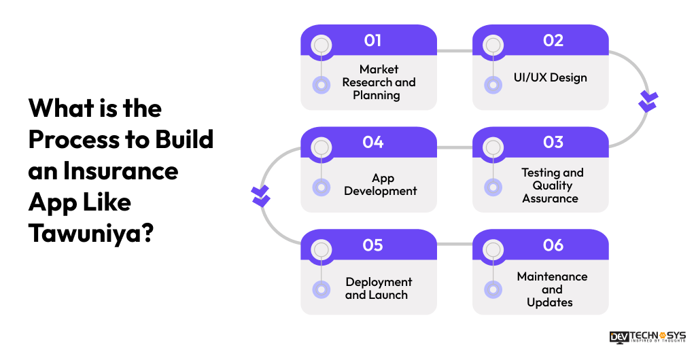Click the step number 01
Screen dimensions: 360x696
pos(372,41)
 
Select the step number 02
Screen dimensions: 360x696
pos(553,41)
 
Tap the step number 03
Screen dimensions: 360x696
pos(553,143)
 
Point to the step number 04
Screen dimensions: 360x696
pos(372,143)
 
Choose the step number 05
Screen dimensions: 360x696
pos(372,245)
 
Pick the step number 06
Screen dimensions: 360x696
pos(553,245)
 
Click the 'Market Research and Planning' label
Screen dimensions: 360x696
pos(379,82)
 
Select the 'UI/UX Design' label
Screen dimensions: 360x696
pos(550,77)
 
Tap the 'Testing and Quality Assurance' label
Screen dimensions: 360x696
pos(551,185)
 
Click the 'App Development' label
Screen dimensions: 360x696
pos(381,185)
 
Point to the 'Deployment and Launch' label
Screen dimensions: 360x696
pos(378,288)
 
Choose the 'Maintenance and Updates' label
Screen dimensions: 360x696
pos(551,289)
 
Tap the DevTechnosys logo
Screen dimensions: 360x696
pos(647,337)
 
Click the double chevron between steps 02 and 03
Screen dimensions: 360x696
pos(648,101)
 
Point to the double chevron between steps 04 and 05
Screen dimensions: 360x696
pos(260,196)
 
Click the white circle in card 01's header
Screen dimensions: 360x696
pos(321,46)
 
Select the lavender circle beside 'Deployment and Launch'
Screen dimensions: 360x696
pos(321,289)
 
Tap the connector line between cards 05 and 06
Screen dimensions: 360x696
pos(455,243)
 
